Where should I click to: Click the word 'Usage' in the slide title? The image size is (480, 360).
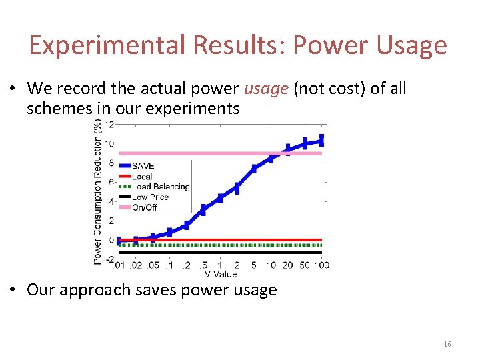411,45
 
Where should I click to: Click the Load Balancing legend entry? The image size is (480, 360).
160,187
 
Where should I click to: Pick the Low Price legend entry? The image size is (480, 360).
150,197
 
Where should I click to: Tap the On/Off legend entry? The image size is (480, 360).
144,207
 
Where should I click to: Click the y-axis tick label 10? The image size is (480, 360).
108,144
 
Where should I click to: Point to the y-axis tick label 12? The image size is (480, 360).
108,125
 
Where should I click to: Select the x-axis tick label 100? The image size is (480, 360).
321,265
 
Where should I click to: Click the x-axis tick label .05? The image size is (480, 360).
153,265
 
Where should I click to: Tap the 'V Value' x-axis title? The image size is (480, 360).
220,274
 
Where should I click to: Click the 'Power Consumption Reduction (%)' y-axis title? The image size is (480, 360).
97,192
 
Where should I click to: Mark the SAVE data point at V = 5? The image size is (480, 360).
254,169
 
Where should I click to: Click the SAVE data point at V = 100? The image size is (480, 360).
321,140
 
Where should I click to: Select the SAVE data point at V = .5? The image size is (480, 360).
203,210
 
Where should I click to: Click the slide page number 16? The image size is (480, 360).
447,344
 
